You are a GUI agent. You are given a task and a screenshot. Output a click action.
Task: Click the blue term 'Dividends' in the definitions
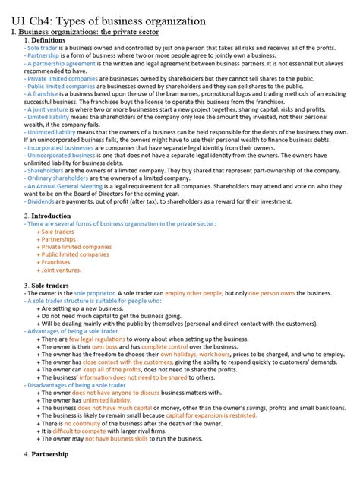41,201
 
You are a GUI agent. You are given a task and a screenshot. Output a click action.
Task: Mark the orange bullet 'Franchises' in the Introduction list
58,262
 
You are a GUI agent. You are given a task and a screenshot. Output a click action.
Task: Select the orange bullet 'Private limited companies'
77,247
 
